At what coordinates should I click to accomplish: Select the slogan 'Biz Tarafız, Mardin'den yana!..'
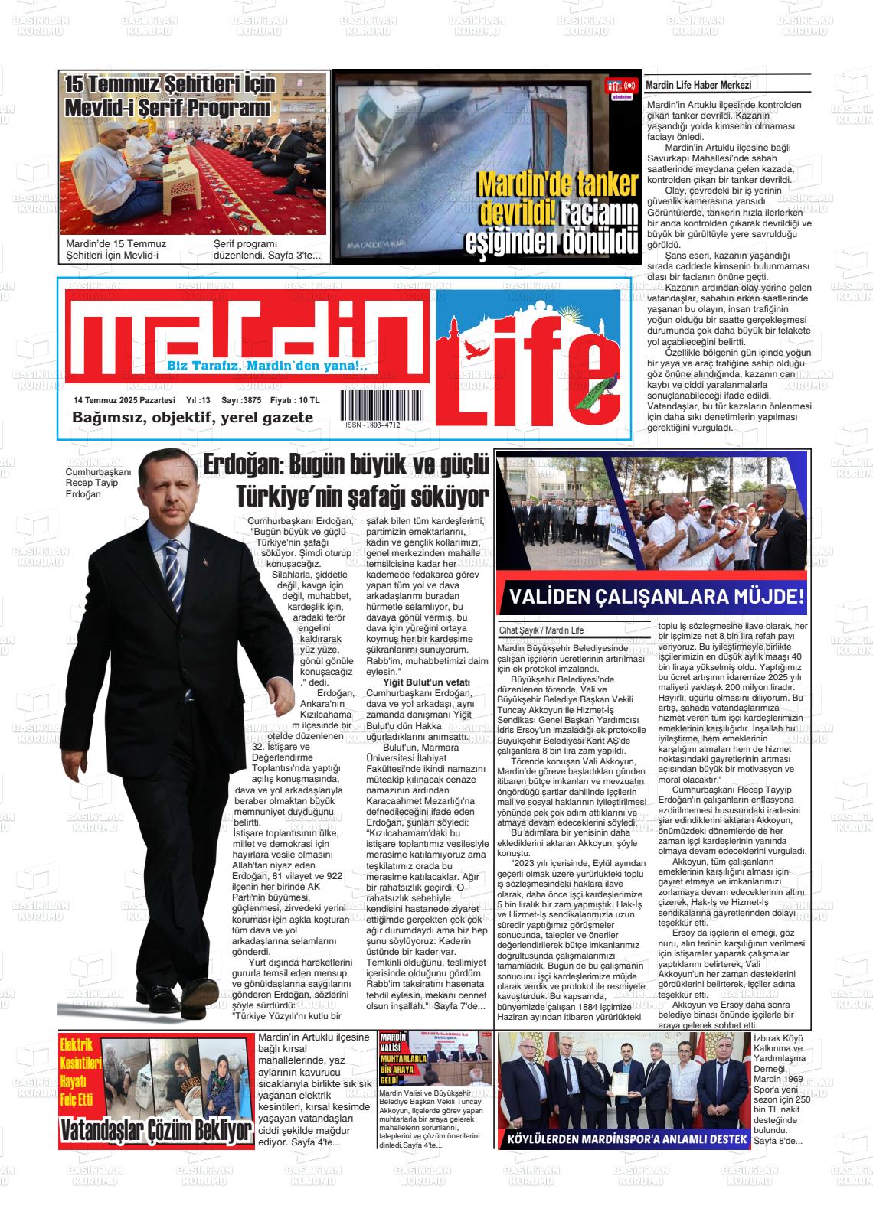point(267,366)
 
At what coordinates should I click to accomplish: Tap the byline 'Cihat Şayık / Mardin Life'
point(541,630)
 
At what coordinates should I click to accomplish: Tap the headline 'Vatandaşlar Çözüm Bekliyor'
point(156,1131)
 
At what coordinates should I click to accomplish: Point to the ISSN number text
point(372,425)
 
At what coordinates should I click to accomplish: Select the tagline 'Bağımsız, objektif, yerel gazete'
point(192,418)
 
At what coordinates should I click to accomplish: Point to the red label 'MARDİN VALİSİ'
point(394,1042)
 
